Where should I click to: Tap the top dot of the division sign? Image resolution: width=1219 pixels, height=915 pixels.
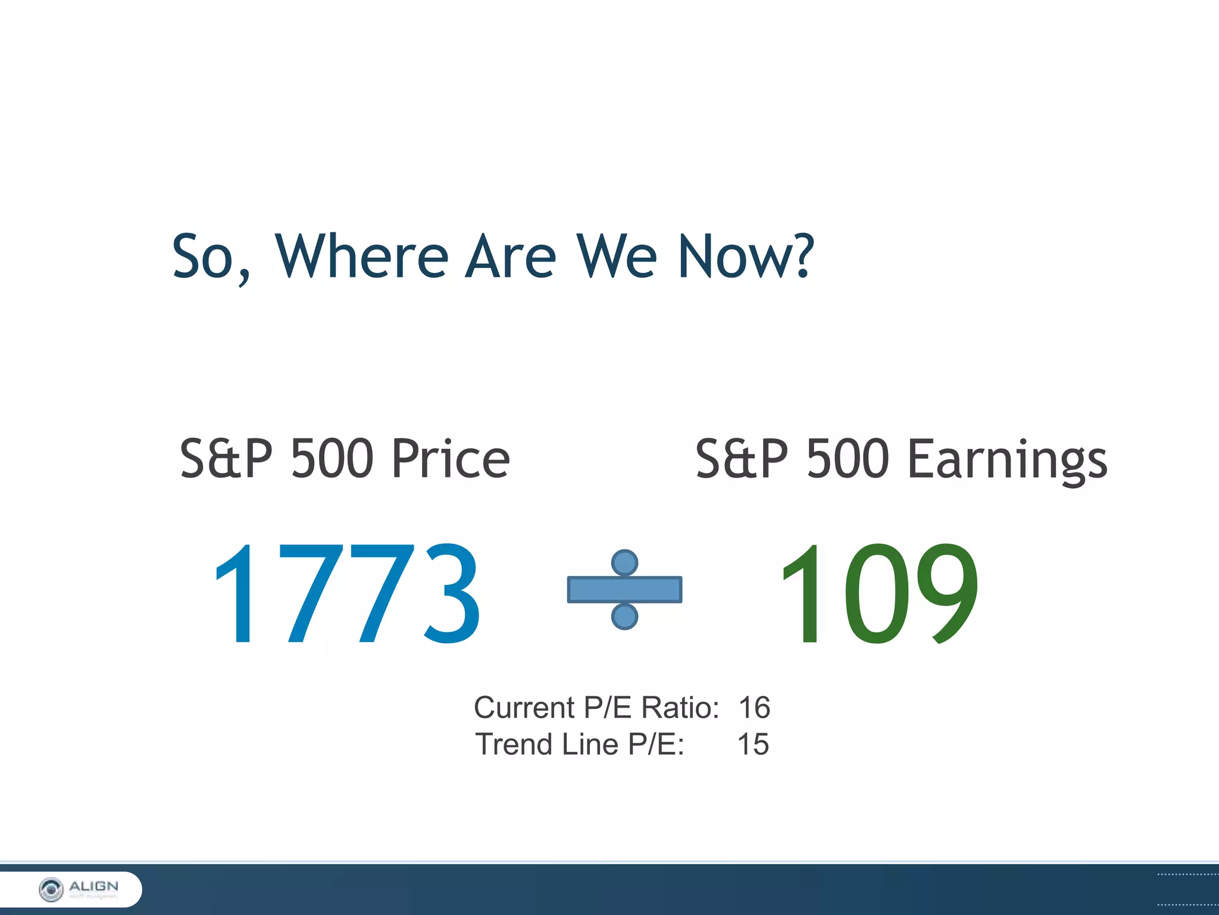[624, 562]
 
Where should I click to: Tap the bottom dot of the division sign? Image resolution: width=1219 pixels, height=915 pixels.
[624, 617]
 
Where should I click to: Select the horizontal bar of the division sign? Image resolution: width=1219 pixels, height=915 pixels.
[624, 590]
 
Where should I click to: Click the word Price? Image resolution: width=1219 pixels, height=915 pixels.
[451, 459]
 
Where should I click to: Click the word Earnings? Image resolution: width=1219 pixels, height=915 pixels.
[1007, 460]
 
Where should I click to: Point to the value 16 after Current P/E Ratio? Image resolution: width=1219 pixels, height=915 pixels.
[754, 708]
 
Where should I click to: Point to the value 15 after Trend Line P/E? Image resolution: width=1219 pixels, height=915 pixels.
[753, 745]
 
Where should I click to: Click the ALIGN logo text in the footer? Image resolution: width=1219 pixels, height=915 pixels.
[93, 886]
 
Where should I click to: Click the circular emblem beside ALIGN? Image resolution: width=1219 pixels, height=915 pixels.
[51, 889]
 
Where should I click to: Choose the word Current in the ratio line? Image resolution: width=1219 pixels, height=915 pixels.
[524, 708]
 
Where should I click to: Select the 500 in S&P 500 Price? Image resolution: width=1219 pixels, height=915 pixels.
[332, 459]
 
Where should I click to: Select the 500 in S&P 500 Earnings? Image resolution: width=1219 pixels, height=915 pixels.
[848, 459]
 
